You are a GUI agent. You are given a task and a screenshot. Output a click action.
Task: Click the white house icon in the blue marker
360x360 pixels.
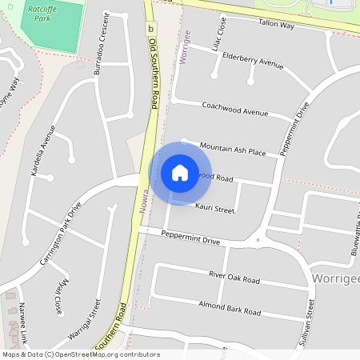pyautogui.click(x=180, y=172)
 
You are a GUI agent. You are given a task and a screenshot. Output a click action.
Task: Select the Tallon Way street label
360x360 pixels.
pyautogui.click(x=277, y=26)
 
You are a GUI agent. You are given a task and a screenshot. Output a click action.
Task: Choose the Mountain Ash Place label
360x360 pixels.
pyautogui.click(x=232, y=150)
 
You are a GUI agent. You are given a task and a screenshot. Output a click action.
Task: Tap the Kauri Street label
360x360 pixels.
pyautogui.click(x=214, y=209)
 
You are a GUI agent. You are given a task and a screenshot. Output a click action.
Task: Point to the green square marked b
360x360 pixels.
pyautogui.click(x=150, y=28)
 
